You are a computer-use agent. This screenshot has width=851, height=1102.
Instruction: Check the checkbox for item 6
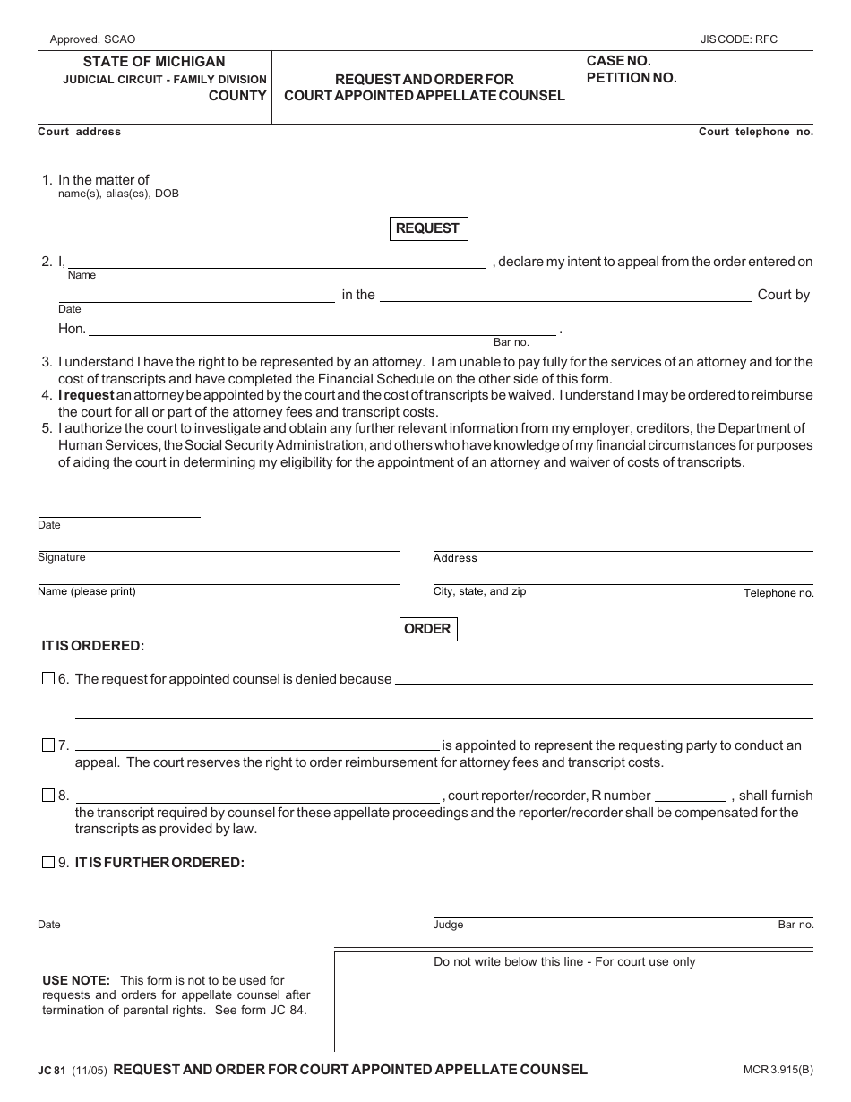(48, 679)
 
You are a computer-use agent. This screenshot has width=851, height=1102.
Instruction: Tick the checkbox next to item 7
(48, 745)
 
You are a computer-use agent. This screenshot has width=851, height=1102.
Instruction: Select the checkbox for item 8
(48, 796)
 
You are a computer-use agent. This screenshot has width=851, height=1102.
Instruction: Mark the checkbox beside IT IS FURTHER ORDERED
(48, 863)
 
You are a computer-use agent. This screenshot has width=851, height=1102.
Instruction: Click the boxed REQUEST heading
(427, 228)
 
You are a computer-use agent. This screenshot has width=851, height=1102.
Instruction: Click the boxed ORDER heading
(427, 629)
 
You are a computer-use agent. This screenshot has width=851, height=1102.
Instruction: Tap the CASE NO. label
(618, 61)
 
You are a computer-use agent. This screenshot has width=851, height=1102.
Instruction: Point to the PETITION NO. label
(632, 78)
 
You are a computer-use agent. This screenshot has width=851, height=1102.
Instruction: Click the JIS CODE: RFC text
(739, 39)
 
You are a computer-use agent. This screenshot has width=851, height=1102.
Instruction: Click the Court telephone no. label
(755, 132)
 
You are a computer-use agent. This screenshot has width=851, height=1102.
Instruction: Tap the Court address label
(79, 132)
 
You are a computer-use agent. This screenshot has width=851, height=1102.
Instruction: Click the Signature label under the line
(62, 557)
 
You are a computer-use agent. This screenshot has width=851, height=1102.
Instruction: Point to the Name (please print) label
(87, 591)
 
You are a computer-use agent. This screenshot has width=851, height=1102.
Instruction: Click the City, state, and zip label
(479, 591)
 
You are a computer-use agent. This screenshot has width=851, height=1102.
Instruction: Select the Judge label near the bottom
(448, 925)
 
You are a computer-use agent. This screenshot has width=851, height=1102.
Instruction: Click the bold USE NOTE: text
(76, 980)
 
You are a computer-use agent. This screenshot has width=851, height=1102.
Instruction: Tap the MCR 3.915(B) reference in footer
(772, 1070)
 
